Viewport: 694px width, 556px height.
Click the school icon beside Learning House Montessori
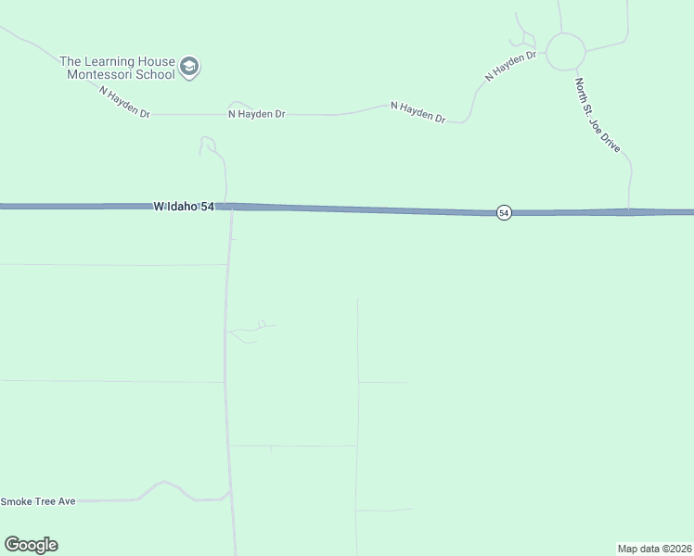tap(190, 68)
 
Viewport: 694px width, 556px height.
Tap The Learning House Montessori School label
tap(117, 68)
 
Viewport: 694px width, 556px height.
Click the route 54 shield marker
tap(503, 213)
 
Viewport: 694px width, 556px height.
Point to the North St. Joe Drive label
tap(597, 116)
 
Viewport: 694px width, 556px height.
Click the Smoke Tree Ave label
tap(38, 501)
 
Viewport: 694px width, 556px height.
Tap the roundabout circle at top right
tap(565, 52)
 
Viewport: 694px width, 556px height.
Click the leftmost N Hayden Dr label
tap(125, 97)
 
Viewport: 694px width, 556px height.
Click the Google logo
tap(31, 545)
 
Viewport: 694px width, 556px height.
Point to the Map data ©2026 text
tap(654, 549)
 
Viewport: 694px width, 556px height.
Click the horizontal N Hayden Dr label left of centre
tap(256, 114)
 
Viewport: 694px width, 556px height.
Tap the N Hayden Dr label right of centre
tap(418, 112)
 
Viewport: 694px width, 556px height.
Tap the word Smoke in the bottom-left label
tap(16, 501)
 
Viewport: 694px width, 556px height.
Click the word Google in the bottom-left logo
tap(31, 545)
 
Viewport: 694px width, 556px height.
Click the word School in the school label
tap(153, 74)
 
